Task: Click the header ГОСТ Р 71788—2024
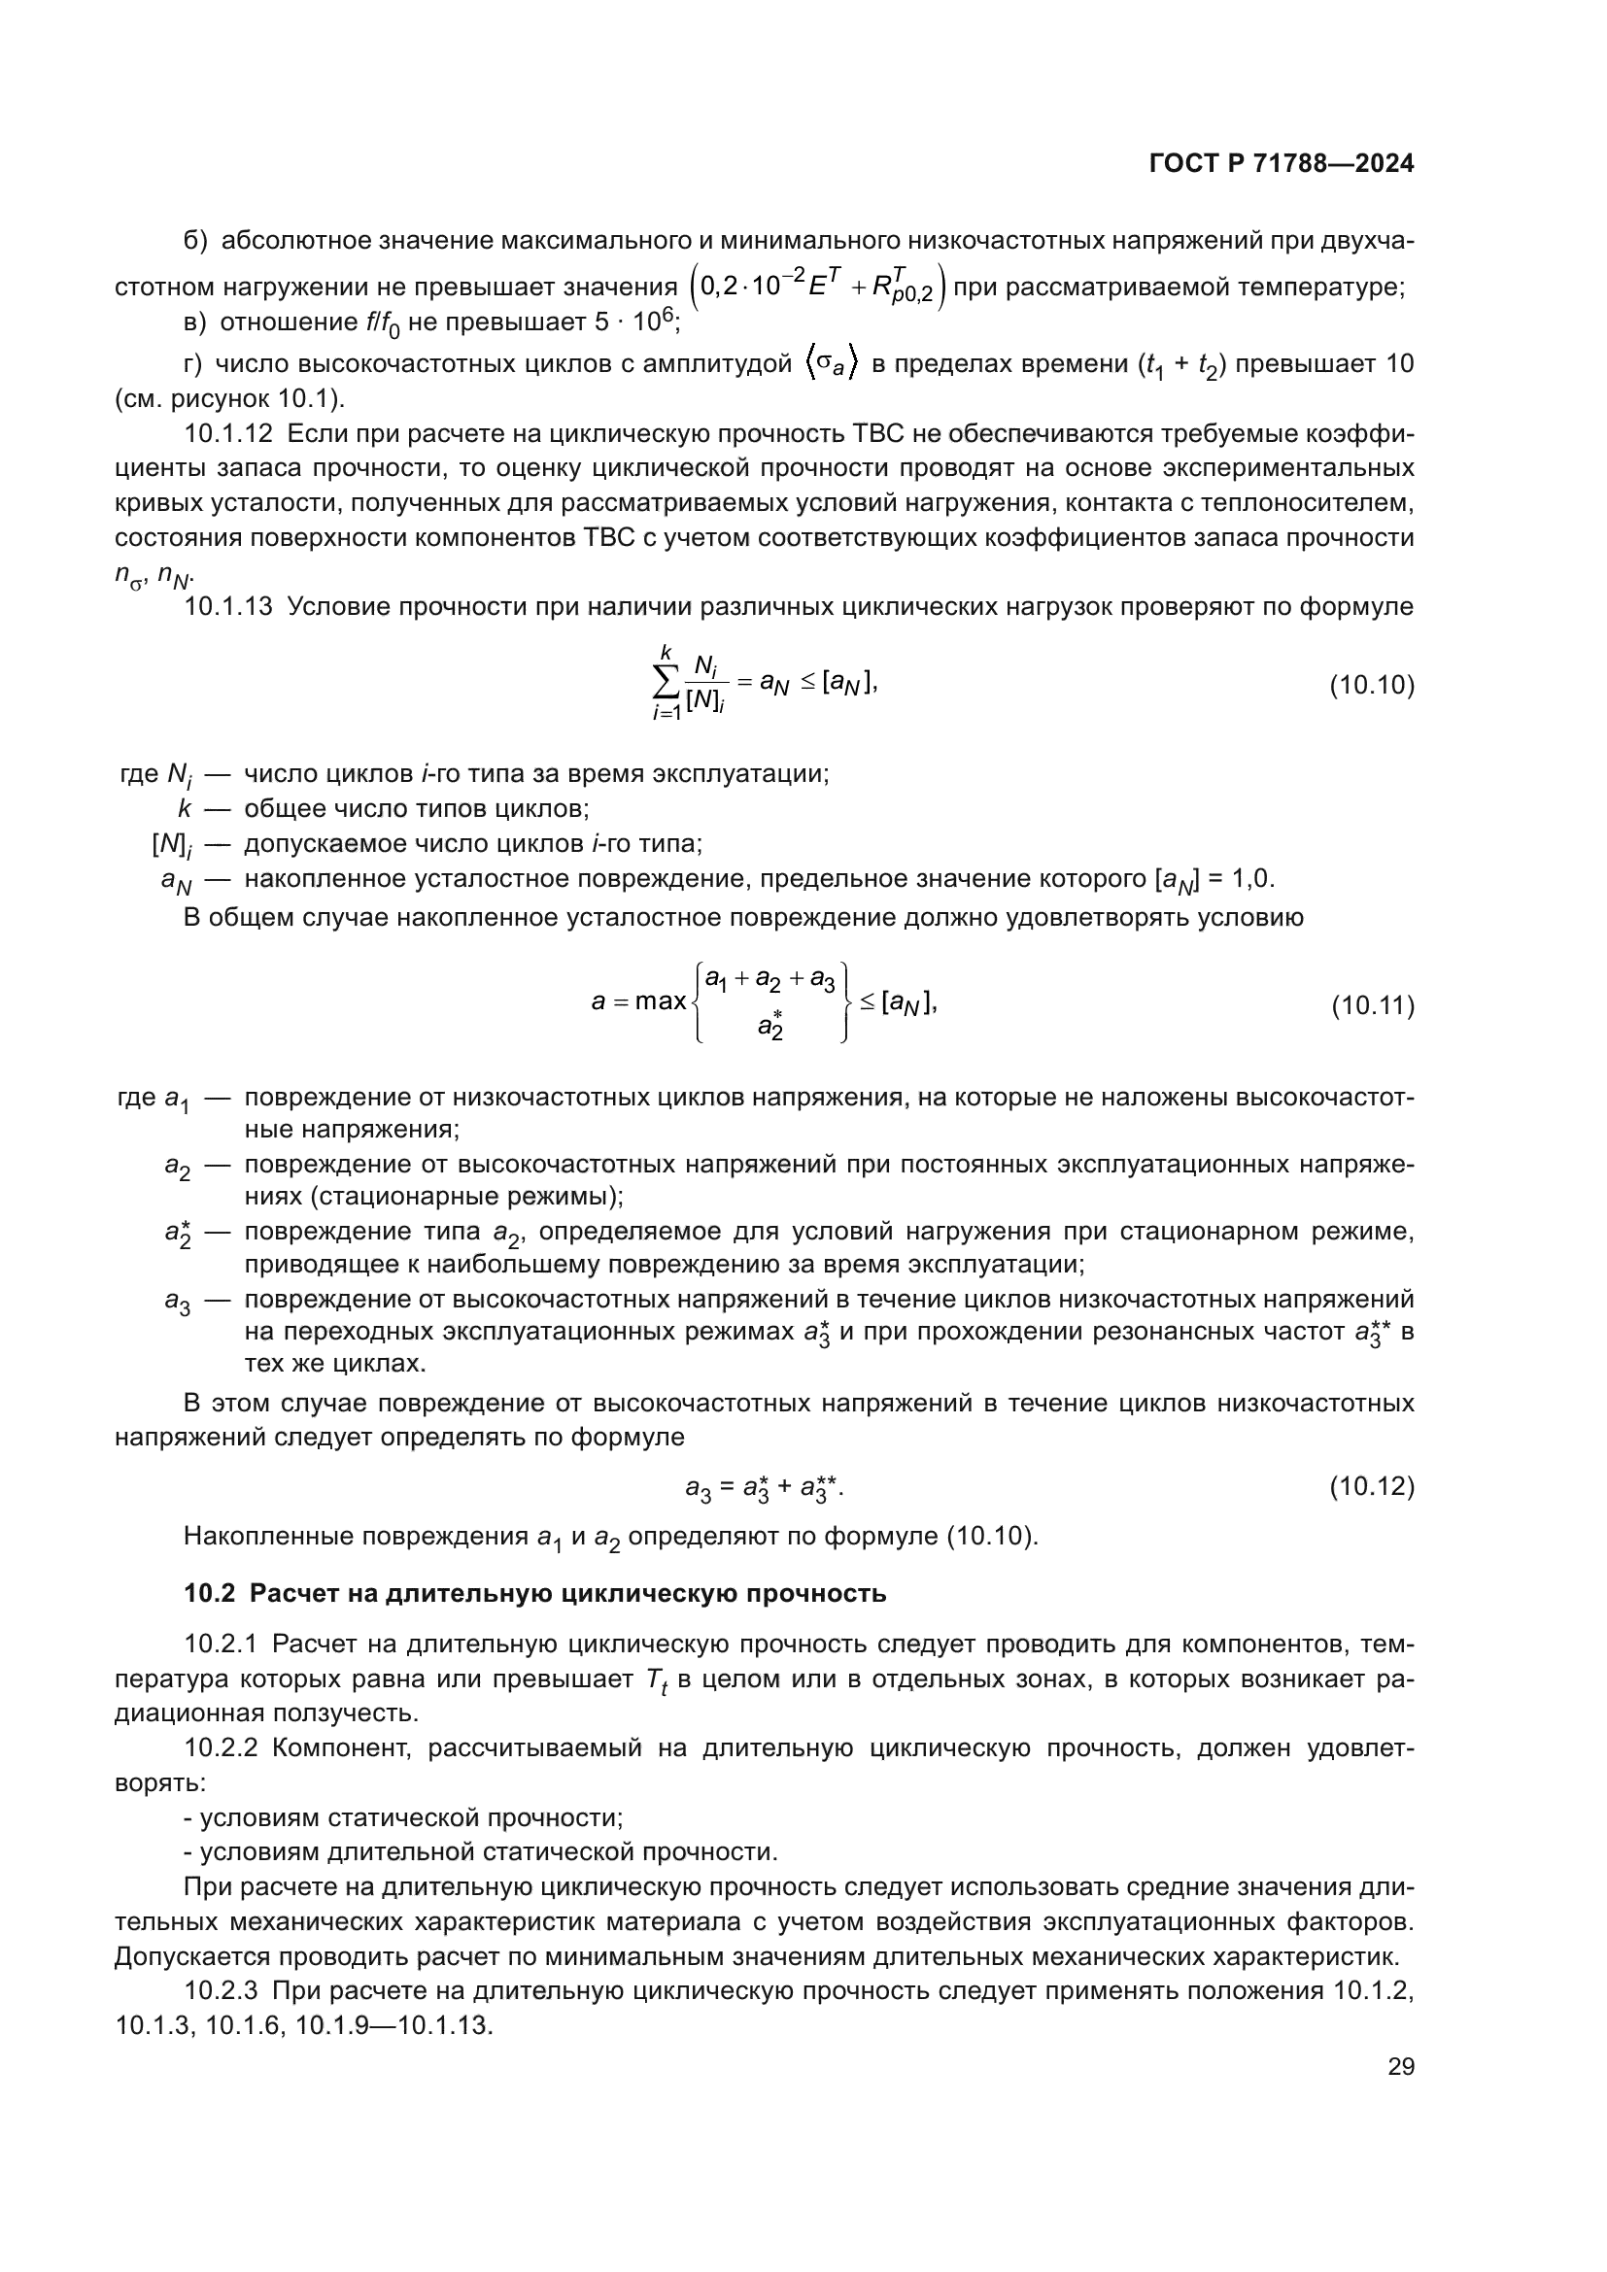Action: click(x=1281, y=164)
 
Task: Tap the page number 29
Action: click(x=1400, y=2066)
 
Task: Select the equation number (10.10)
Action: click(x=1371, y=686)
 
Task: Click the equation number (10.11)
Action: click(x=1372, y=1006)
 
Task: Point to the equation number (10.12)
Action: click(x=1371, y=1486)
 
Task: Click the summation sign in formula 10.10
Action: click(x=666, y=682)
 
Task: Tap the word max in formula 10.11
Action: click(x=660, y=1001)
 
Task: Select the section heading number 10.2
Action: click(x=209, y=1594)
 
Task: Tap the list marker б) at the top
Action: click(x=195, y=241)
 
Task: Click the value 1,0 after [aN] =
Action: click(x=1251, y=879)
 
